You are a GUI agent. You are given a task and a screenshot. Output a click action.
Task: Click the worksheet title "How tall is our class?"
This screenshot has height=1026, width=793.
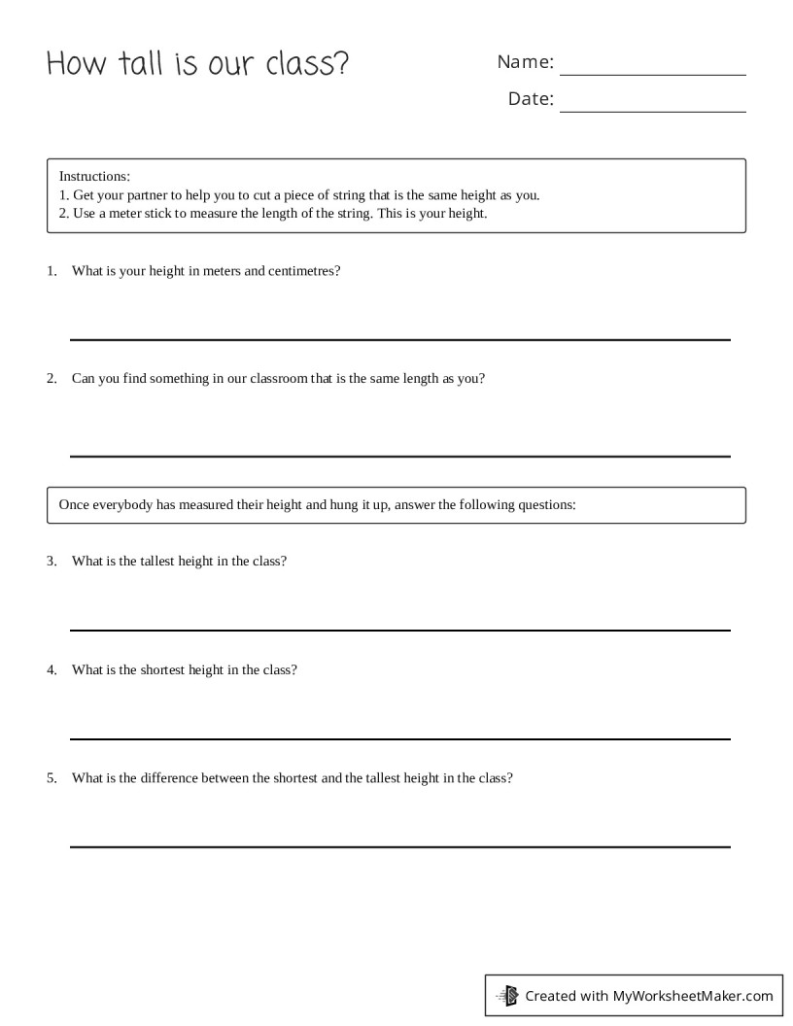[197, 64]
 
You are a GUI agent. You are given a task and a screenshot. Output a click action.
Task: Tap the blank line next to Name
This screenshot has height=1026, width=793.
[653, 74]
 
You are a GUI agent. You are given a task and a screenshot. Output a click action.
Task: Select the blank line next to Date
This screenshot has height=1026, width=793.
[653, 111]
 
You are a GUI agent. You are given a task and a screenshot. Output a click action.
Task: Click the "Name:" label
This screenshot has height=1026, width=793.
[525, 62]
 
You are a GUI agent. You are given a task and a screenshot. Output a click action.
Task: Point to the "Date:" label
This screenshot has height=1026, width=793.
[531, 99]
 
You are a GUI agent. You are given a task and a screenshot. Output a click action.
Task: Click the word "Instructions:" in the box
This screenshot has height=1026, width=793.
[94, 176]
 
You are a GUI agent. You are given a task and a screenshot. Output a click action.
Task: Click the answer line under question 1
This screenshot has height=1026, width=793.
[399, 339]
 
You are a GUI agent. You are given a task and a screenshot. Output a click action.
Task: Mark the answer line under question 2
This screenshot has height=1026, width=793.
[399, 456]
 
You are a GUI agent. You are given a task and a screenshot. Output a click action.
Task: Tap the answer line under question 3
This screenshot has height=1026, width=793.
[399, 630]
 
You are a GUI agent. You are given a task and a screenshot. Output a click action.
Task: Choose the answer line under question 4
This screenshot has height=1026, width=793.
[399, 738]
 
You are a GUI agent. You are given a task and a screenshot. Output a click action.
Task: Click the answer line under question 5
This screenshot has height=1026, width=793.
[399, 846]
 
